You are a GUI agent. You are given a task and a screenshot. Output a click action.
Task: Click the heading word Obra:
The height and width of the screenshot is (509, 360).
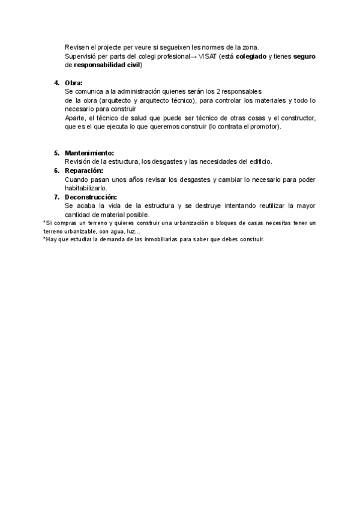pyautogui.click(x=74, y=82)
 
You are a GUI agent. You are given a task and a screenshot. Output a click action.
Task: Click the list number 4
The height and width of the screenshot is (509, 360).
pyautogui.click(x=56, y=82)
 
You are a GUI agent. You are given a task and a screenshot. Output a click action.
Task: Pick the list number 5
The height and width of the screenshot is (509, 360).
pyautogui.click(x=56, y=153)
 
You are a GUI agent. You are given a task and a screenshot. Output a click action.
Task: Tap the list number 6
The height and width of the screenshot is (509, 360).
pyautogui.click(x=56, y=170)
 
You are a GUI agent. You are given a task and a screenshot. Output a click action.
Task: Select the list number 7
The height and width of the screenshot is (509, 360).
pyautogui.click(x=56, y=197)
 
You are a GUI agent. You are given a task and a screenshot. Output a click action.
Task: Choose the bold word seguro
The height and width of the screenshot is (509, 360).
pyautogui.click(x=304, y=56)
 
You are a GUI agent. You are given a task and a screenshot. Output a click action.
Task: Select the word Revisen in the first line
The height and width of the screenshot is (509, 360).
pyautogui.click(x=77, y=47)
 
